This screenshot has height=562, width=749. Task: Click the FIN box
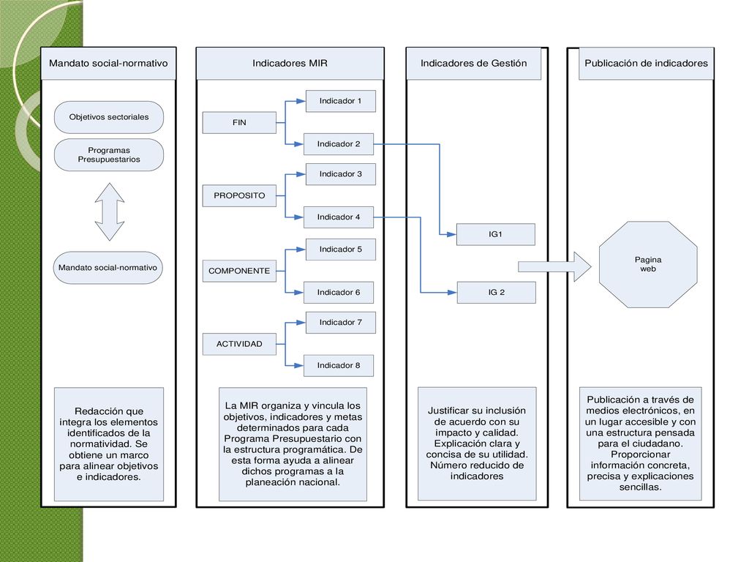(x=239, y=122)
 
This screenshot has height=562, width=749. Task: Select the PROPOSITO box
(x=239, y=195)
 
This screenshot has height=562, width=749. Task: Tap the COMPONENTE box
(x=239, y=271)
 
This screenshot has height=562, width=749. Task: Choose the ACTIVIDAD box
(x=239, y=344)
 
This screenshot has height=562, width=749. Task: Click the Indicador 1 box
(x=341, y=101)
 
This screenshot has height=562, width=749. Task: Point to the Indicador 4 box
(x=339, y=217)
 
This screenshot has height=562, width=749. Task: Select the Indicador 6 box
(x=339, y=293)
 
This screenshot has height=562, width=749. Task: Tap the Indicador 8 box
(x=339, y=366)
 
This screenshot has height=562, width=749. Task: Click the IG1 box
(x=495, y=234)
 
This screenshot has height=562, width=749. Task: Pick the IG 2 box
(x=497, y=293)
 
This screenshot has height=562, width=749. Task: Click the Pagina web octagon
(x=648, y=264)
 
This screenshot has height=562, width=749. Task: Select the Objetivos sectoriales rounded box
(x=109, y=117)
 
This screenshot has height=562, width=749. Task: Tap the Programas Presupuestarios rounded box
(x=109, y=155)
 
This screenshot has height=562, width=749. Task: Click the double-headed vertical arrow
(x=110, y=211)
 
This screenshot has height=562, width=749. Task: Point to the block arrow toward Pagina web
(x=555, y=266)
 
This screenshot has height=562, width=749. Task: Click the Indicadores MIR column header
(x=290, y=63)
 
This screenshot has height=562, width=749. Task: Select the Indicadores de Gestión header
(x=473, y=63)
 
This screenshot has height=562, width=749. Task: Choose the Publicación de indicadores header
(x=647, y=63)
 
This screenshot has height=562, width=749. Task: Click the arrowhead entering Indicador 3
(x=301, y=174)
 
